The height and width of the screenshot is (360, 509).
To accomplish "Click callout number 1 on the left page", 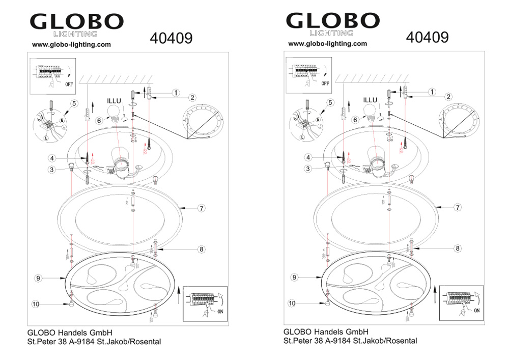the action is tap(176, 93).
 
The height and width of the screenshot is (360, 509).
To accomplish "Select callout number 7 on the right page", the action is tap(458, 207).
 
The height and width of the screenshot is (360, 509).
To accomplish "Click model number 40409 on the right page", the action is tap(427, 37).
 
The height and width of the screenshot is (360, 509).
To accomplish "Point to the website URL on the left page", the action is tap(71, 45).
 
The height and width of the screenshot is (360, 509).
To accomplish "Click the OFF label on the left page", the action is tap(69, 84).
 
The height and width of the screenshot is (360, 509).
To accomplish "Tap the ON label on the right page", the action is tap(476, 311).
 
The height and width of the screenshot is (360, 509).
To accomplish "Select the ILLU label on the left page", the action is tap(114, 101).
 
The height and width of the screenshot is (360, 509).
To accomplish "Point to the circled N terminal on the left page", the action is tap(62, 121).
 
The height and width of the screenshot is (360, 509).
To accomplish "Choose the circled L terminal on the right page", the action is tap(302, 137).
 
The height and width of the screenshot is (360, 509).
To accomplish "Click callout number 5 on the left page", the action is tap(74, 103).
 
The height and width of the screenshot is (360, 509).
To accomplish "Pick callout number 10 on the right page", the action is tap(292, 303).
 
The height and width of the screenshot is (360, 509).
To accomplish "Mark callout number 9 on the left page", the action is tap(38, 278).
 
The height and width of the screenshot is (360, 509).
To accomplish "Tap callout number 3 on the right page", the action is tap(308, 169).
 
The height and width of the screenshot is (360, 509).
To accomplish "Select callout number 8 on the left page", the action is tap(202, 250).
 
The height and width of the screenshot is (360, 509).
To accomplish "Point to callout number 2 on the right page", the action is tap(448, 96).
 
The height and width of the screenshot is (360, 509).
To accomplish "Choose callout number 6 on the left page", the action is tap(99, 121).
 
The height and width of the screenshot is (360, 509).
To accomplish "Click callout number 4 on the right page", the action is tap(308, 157).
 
